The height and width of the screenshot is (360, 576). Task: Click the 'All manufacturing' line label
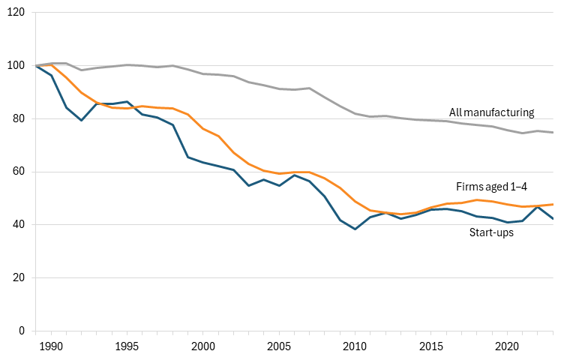click(x=491, y=112)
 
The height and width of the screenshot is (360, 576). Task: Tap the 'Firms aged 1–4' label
click(x=491, y=187)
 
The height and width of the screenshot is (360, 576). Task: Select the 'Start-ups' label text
click(x=491, y=232)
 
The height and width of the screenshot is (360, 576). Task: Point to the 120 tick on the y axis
click(x=16, y=13)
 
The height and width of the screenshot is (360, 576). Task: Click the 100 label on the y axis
click(x=16, y=66)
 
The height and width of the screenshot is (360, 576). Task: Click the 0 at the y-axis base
click(x=22, y=331)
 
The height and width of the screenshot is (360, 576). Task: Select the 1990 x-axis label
click(x=51, y=346)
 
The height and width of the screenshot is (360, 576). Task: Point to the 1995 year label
click(x=127, y=346)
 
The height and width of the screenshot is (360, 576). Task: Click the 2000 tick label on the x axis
click(x=202, y=346)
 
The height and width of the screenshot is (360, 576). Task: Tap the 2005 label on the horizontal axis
click(x=279, y=346)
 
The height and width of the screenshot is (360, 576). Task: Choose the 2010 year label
click(x=355, y=346)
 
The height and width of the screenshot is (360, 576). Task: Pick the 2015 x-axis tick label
click(x=431, y=346)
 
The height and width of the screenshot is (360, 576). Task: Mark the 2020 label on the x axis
click(x=507, y=346)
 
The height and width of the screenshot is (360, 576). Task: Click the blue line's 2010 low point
click(x=355, y=229)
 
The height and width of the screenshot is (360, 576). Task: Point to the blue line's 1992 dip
click(x=81, y=121)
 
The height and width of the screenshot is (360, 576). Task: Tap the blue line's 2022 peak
click(x=538, y=207)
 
